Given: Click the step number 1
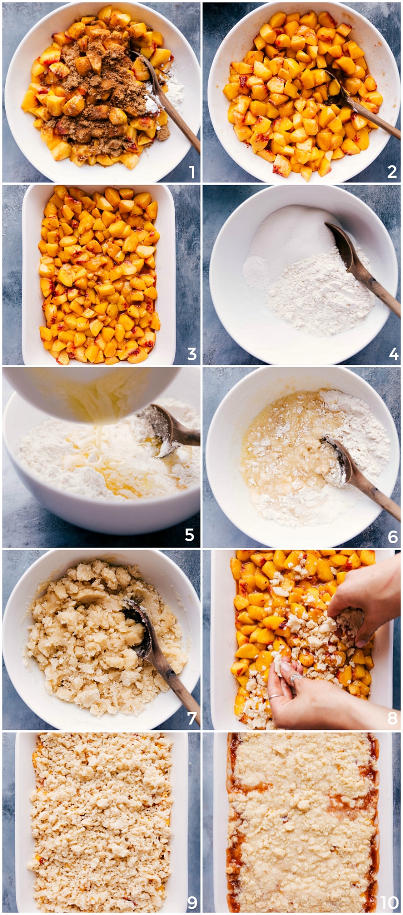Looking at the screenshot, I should click(x=192, y=172).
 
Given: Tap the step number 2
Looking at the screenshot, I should click(x=392, y=172).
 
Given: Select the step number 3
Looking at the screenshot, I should click(x=192, y=354).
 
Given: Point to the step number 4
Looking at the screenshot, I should click(x=393, y=354).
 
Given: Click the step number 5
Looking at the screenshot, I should click(x=190, y=535).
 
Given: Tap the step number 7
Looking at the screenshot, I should click(x=191, y=718).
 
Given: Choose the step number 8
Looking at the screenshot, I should click(x=392, y=718).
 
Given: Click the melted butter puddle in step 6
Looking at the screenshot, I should click(x=282, y=443).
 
